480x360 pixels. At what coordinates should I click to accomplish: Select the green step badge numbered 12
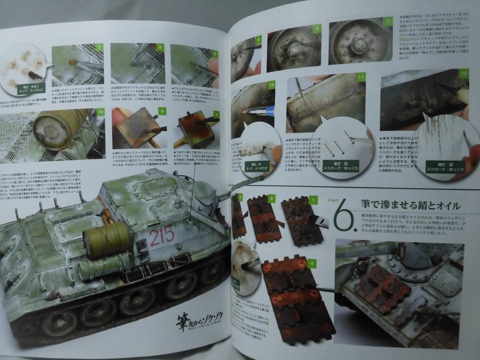[x=271, y=85]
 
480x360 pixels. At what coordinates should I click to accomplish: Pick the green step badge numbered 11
[x=360, y=77]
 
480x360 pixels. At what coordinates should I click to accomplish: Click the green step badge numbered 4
[x=311, y=263]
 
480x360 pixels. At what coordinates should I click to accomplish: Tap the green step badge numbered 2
[x=270, y=199]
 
